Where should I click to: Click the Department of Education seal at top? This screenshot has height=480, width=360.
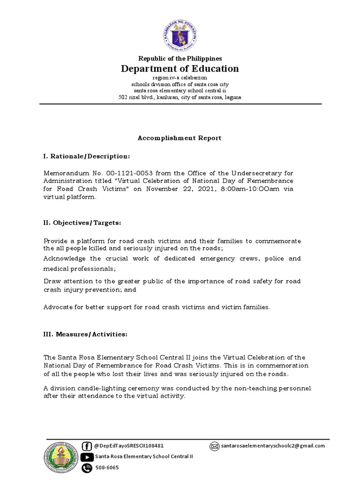click(x=180, y=35)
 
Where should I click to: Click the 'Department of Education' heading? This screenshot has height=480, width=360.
click(x=180, y=69)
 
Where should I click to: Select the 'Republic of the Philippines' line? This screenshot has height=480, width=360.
click(x=180, y=58)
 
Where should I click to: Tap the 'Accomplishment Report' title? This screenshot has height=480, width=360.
click(x=179, y=138)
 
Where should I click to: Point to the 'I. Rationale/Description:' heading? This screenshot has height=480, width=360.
click(x=86, y=156)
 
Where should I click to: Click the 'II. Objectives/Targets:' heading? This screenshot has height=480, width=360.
click(x=82, y=223)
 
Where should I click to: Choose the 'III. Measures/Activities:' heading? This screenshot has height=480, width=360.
click(x=85, y=334)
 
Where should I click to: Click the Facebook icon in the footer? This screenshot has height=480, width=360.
click(x=87, y=446)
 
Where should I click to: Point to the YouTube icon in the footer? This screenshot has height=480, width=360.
click(x=87, y=457)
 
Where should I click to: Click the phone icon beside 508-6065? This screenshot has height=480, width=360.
click(x=87, y=468)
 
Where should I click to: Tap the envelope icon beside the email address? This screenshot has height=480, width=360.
click(x=214, y=446)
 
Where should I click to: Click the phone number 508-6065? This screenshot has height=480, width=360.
click(x=106, y=468)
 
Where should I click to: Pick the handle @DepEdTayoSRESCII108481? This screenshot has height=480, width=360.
click(x=129, y=446)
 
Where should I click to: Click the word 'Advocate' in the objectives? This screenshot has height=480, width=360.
click(x=58, y=307)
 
